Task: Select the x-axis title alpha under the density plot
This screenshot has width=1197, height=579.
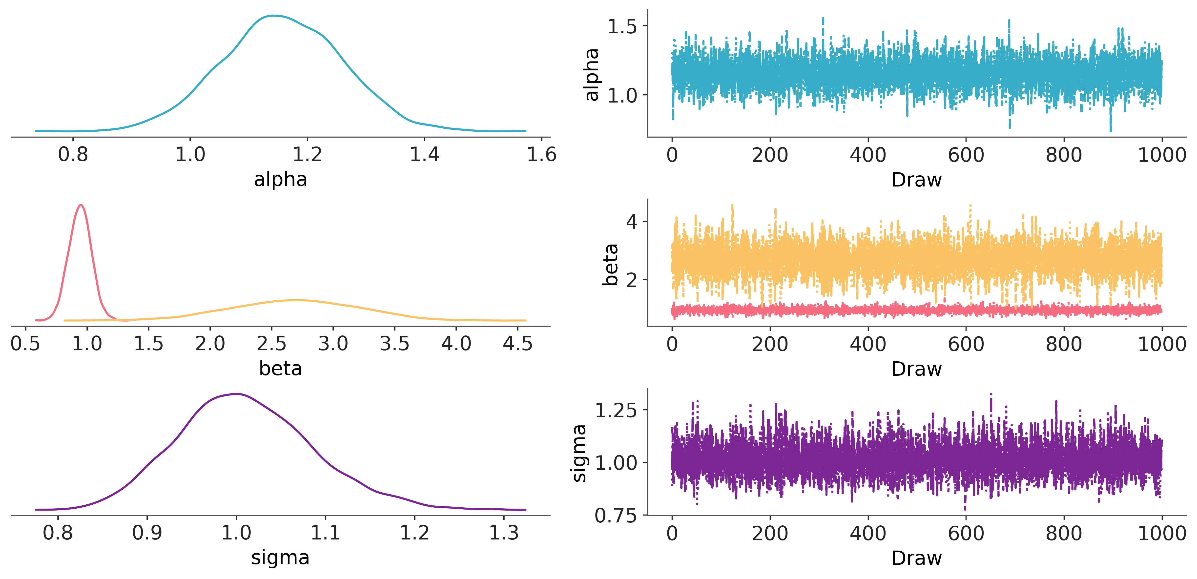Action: [x=281, y=179]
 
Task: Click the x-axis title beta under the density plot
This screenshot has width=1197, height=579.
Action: [x=281, y=369]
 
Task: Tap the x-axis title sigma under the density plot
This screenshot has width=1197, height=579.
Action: [x=281, y=558]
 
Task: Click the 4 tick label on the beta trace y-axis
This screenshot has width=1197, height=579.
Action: [x=632, y=222]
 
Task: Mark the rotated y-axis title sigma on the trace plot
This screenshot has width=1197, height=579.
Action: [x=579, y=453]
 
